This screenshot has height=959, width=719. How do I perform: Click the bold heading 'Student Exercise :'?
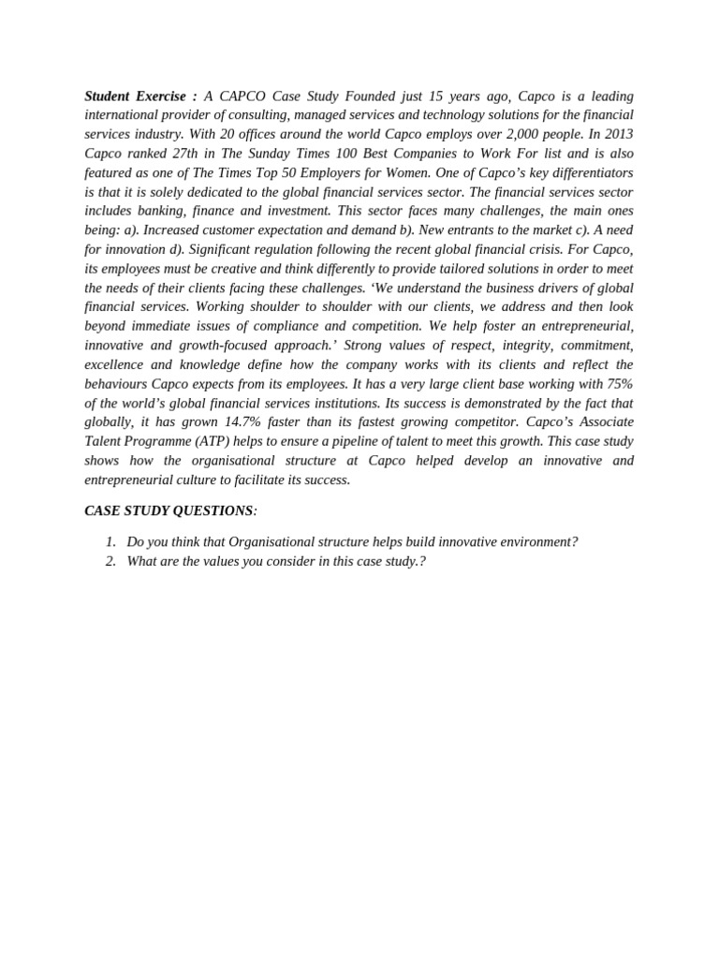(140, 96)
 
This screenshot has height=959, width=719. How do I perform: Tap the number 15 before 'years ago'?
(435, 96)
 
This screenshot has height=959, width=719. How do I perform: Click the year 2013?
(618, 135)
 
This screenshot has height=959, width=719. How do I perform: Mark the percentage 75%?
(620, 384)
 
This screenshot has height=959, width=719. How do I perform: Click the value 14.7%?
(242, 422)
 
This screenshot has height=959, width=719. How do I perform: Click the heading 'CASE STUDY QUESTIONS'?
(169, 511)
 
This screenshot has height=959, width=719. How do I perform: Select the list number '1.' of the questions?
(110, 542)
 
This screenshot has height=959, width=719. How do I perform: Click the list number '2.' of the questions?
(110, 562)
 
